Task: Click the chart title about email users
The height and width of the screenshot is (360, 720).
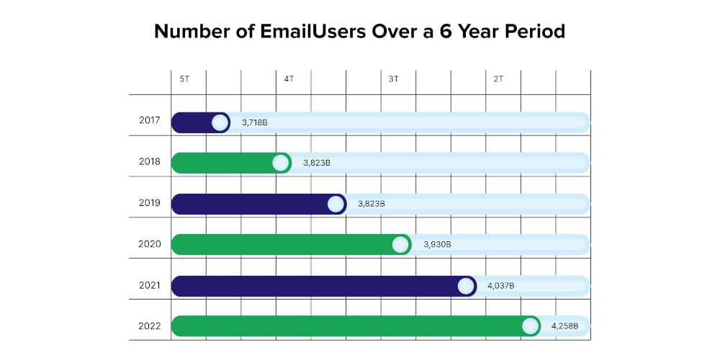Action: [359, 32]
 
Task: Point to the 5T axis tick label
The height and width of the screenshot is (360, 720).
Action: [185, 78]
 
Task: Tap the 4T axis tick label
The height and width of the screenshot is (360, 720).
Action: [289, 78]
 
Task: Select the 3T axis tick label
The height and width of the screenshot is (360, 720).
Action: [393, 78]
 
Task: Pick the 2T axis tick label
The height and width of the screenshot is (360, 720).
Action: [498, 78]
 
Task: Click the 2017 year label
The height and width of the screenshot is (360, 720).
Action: [150, 120]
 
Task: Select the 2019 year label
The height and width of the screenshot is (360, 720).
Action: [150, 203]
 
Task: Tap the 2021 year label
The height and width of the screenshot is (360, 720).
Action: [150, 285]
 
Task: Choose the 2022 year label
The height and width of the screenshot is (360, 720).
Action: [150, 326]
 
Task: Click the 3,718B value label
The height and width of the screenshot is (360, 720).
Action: [255, 123]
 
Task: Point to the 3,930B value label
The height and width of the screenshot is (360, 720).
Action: [438, 245]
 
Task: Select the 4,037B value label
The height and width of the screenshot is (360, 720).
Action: [501, 286]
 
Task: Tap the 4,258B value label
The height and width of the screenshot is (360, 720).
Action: [564, 326]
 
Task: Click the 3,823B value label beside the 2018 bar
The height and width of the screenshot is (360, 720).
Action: [317, 163]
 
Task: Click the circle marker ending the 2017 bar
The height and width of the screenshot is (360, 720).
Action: [220, 123]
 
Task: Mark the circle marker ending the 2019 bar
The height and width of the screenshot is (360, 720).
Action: [336, 204]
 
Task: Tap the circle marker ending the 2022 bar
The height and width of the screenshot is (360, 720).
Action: [531, 326]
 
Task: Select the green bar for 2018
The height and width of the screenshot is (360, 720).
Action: [223, 163]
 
